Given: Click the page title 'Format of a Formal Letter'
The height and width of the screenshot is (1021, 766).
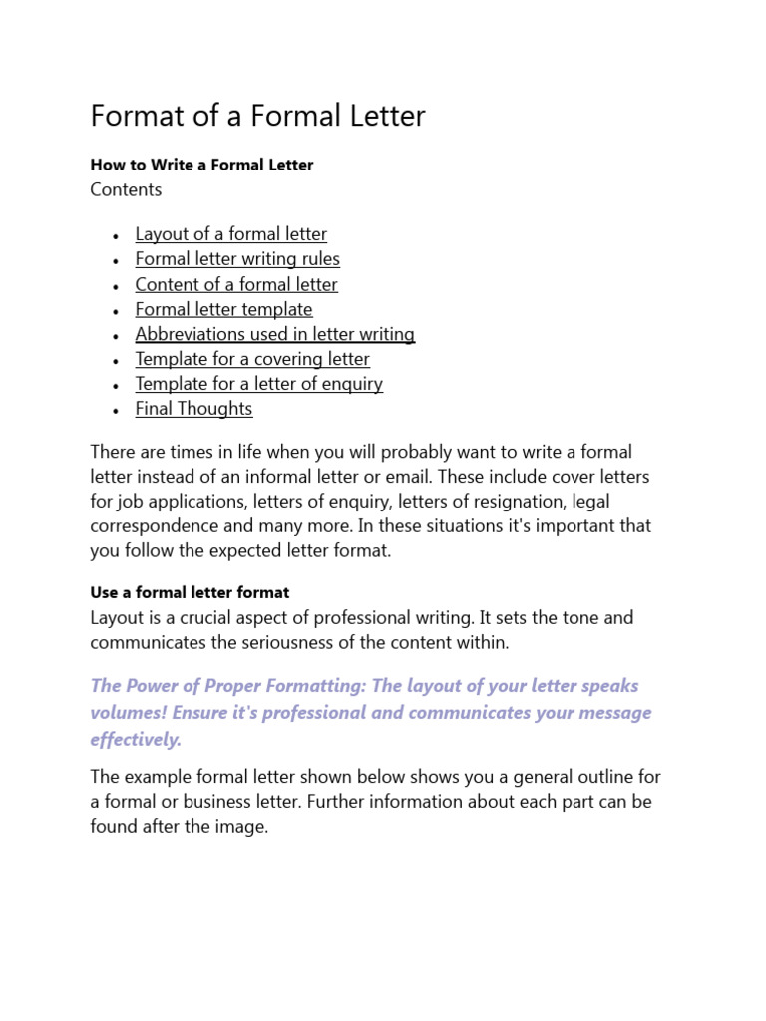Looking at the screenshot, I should [257, 117].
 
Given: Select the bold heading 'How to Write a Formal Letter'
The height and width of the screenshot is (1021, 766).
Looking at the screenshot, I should [201, 165].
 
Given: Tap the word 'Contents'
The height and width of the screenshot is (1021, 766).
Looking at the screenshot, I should [126, 189].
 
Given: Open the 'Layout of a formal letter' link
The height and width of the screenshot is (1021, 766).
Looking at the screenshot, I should [230, 234].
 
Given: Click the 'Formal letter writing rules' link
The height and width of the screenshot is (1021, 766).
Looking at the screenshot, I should [237, 259].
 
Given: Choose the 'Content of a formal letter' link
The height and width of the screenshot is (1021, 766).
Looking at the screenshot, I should [236, 284].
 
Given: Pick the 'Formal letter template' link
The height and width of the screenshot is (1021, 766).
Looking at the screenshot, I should [223, 309].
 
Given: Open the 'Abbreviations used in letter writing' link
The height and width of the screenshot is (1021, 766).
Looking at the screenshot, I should [274, 334].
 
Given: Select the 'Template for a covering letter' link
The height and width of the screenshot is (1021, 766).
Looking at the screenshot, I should [252, 359].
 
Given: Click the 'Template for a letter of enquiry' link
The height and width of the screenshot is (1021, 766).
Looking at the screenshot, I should [258, 384].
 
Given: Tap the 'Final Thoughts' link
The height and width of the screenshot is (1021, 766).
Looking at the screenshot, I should [193, 409].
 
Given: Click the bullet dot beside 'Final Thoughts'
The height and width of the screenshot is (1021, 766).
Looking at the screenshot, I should [116, 411].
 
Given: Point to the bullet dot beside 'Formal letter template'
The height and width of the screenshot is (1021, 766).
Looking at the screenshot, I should [116, 311].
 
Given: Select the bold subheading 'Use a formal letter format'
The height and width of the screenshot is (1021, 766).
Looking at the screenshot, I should [190, 592].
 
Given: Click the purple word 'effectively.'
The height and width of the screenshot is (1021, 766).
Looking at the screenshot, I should [136, 739].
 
